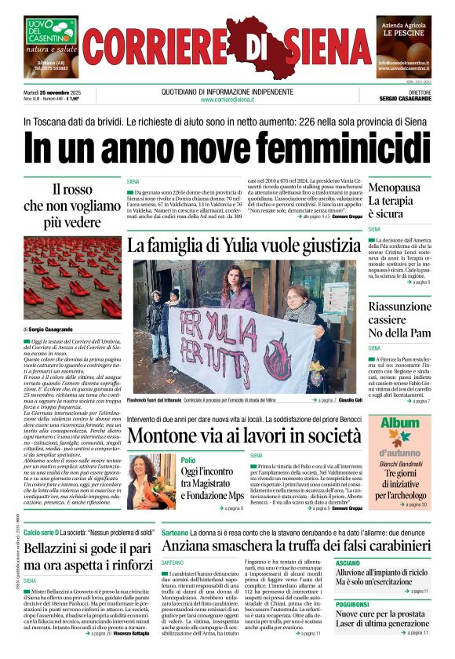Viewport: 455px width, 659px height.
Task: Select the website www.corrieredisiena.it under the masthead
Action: pos(227,100)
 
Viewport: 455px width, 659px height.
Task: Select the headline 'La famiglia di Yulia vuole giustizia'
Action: pos(246,245)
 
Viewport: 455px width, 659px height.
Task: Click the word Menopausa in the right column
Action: pos(394,188)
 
